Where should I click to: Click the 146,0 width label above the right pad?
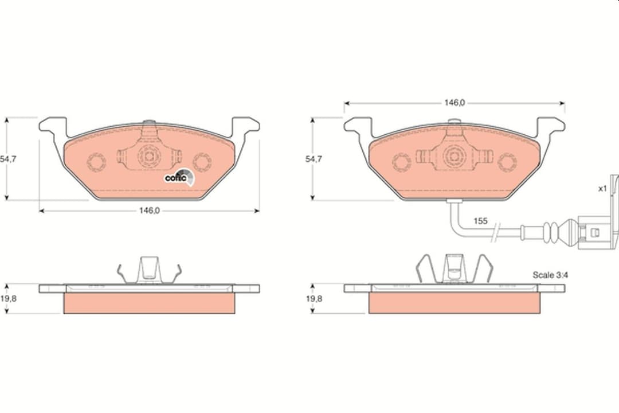(454, 103)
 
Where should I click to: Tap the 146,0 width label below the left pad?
(149, 211)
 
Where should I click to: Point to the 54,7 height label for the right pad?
(314, 159)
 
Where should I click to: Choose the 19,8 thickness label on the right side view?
(314, 298)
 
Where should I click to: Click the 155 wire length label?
(480, 220)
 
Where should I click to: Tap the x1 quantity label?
(602, 189)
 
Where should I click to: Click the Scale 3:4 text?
(550, 275)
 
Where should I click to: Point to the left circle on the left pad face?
(96, 162)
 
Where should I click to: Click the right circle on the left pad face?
(202, 162)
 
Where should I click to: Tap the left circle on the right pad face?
(401, 162)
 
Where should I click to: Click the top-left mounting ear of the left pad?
(53, 125)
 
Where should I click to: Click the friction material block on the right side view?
(454, 303)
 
